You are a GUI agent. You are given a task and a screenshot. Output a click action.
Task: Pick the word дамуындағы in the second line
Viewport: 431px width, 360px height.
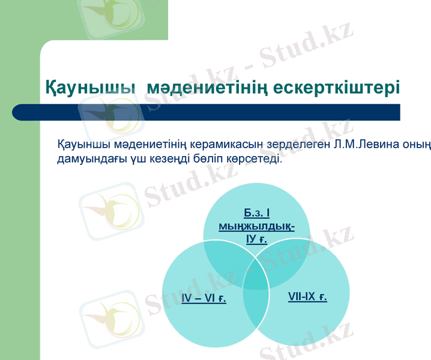point(89,160)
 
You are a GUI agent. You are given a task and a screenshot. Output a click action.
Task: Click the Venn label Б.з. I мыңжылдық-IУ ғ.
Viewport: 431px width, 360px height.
point(256,226)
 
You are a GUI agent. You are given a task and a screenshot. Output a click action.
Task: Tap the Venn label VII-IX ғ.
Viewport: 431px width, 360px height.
point(307,296)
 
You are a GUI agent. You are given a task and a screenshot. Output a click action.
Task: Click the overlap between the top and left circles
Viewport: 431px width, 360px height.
point(228,262)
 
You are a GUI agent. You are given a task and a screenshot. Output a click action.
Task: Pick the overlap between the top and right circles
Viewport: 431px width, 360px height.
point(285,262)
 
